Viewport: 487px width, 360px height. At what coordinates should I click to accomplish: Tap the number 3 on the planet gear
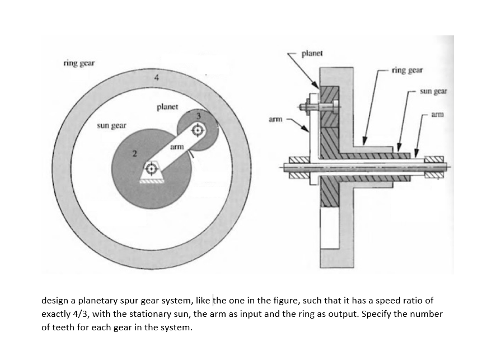click(198, 115)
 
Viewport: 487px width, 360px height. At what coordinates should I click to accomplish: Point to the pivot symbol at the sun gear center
click(151, 167)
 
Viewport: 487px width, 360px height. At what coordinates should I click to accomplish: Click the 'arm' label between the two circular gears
click(176, 147)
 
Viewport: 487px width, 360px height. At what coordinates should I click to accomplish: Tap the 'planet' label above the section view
click(312, 54)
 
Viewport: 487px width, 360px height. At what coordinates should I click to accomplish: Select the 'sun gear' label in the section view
click(433, 90)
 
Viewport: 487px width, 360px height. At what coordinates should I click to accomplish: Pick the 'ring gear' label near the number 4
click(78, 63)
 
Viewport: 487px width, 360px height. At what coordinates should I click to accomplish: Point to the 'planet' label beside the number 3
click(167, 106)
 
